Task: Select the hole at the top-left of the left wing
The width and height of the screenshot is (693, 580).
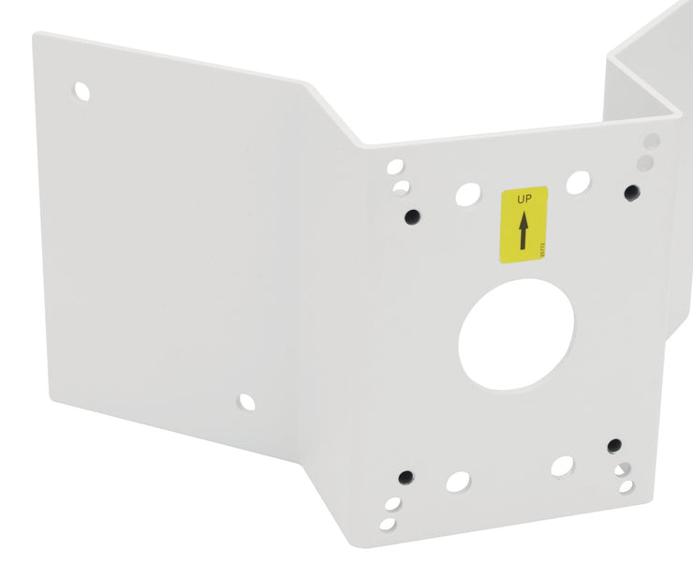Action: point(82,92)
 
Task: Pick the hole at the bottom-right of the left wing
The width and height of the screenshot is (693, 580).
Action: point(246,402)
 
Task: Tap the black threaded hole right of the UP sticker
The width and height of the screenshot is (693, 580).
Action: point(632,192)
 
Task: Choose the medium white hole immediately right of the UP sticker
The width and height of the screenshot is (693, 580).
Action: point(578,182)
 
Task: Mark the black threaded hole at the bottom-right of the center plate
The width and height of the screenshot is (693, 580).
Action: point(614,445)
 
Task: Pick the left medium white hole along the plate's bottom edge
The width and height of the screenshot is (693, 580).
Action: point(458,482)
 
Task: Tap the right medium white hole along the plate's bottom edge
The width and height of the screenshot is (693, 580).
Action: point(562,466)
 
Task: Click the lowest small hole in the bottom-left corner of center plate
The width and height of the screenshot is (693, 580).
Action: point(389,520)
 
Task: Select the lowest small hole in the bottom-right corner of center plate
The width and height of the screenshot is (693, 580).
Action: point(626,486)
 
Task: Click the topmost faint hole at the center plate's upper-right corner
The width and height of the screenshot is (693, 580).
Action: point(652,141)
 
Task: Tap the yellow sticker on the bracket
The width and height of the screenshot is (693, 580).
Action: point(523,224)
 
